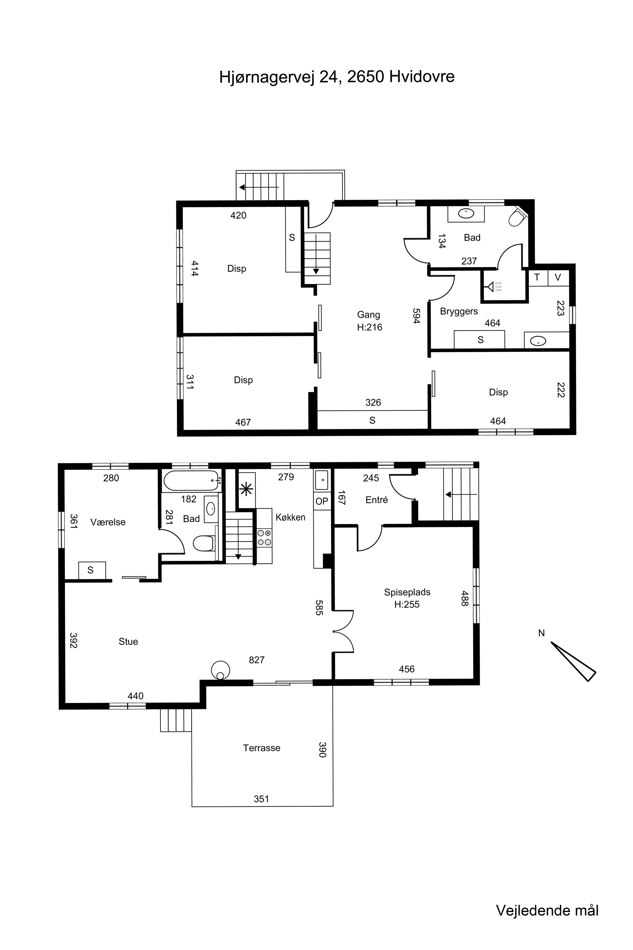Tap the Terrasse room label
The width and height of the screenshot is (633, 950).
pos(262,748)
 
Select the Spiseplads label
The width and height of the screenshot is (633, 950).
pos(407,592)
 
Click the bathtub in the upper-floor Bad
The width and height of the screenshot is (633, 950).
pos(192,481)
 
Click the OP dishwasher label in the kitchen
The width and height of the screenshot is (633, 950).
pos(322,501)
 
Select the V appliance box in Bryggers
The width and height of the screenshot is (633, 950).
pos(558,277)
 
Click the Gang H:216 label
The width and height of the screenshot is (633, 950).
pos(369,321)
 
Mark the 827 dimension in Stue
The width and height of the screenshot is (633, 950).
pos(257,660)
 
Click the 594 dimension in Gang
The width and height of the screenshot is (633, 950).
pos(417,316)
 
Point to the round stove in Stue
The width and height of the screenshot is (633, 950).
pos(220,670)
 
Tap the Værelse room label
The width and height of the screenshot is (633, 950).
pos(108,522)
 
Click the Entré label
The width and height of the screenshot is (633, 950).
pos(377,500)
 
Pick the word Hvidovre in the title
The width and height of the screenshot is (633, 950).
pos(422,77)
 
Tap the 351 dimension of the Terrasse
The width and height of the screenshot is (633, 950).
pos(261,799)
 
